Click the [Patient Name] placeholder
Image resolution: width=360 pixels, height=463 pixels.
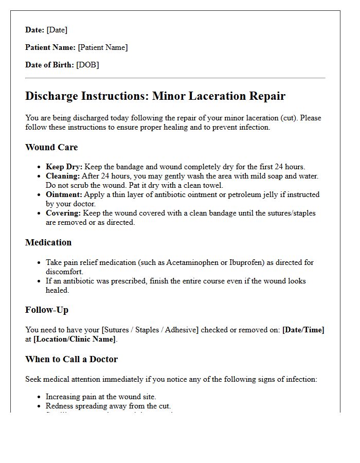click(102, 47)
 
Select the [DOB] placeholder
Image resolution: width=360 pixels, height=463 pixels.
click(87, 65)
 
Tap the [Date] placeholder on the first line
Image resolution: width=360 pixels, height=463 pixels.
click(57, 30)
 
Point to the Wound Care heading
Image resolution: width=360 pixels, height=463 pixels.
click(51, 147)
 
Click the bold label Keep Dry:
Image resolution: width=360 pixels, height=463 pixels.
click(64, 167)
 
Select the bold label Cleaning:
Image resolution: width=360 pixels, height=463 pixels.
click(63, 176)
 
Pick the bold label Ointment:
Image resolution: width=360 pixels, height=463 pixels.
click(64, 194)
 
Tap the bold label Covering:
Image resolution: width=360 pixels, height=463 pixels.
click(63, 213)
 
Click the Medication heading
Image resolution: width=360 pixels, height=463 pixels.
click(48, 242)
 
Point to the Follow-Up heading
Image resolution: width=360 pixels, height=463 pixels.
click(47, 310)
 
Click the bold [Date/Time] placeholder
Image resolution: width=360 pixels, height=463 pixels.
click(303, 330)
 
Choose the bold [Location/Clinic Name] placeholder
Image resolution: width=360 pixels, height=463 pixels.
click(75, 339)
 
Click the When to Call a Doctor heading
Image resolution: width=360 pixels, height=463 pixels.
click(71, 359)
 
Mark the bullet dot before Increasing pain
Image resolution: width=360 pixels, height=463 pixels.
click(40, 397)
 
